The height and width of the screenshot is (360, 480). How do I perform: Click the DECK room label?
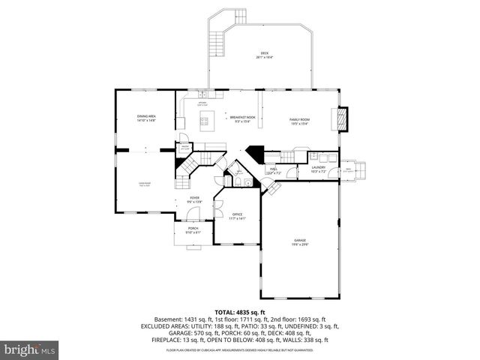pos(263,53)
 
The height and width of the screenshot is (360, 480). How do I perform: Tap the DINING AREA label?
pos(146,116)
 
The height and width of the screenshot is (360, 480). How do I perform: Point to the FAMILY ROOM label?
pos(300,120)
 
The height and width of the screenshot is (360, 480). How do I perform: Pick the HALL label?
pos(274,168)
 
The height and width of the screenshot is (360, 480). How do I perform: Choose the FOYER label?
pos(194,198)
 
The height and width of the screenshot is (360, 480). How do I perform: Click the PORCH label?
pos(193,228)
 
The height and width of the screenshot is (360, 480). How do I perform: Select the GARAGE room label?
pos(300,239)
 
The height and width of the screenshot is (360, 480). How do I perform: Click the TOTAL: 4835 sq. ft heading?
pos(240,311)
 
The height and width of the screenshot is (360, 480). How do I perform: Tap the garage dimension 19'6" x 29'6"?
pos(300,244)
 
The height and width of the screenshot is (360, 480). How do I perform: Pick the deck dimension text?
pos(263,58)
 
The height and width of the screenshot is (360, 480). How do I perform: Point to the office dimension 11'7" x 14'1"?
pos(237,218)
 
